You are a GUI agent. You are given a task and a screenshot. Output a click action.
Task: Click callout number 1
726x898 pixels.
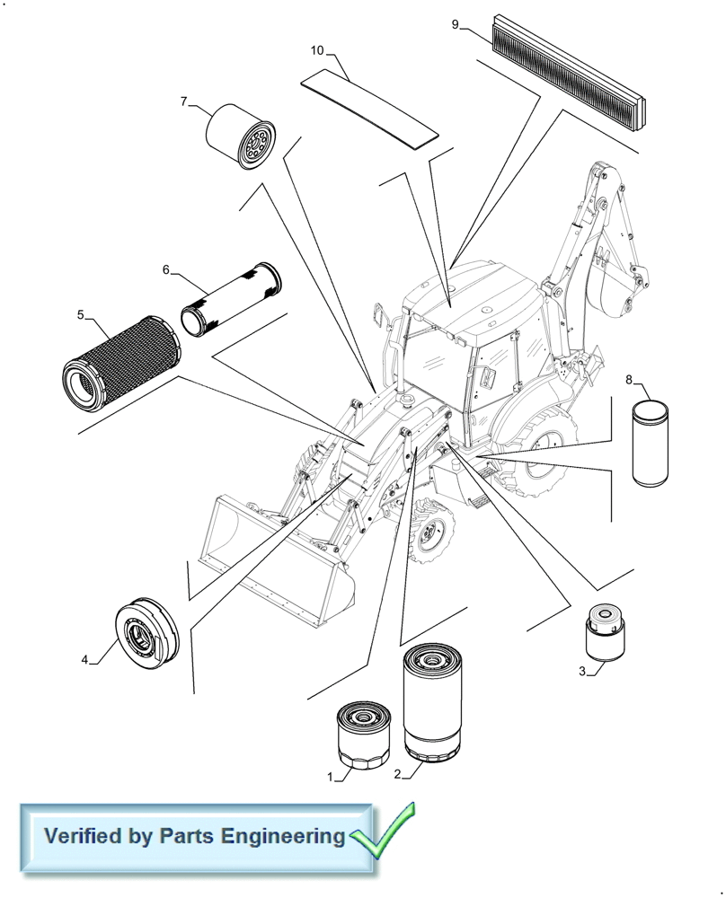pyautogui.click(x=331, y=776)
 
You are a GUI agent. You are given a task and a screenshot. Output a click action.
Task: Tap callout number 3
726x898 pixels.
pyautogui.click(x=582, y=671)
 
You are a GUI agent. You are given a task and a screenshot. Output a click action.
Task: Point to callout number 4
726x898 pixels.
pyautogui.click(x=85, y=660)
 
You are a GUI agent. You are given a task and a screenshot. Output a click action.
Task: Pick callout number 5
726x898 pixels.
pyautogui.click(x=80, y=314)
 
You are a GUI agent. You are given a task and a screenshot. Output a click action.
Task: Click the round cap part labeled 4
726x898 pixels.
pyautogui.click(x=148, y=633)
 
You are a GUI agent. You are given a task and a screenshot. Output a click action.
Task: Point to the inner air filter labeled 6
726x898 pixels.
pyautogui.click(x=232, y=298)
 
